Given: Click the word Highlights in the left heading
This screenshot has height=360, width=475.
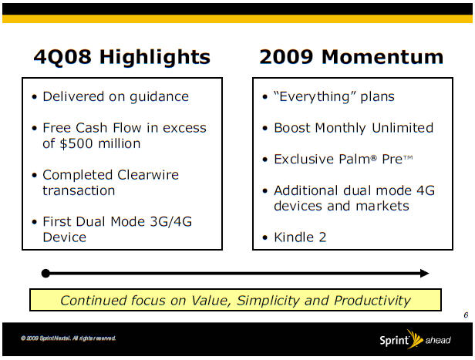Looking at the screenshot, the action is pos(155,57).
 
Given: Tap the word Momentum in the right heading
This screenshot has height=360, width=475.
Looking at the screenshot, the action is pos(382,56).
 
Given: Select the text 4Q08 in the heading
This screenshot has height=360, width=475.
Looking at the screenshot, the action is pos(62,57).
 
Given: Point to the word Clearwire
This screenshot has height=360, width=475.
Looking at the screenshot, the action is pos(148,175).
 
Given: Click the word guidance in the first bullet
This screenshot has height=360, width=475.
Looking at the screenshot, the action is pos(159,97).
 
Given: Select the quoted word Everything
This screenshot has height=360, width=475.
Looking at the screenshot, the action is pos(315,97).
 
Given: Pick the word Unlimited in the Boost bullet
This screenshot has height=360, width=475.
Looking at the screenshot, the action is pos(403,128).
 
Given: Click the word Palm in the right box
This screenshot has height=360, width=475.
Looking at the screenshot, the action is pos(355,159).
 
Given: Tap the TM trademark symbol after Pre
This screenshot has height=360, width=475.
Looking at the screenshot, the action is pos(408,157).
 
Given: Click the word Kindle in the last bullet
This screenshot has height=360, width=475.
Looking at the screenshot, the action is pos(294,237).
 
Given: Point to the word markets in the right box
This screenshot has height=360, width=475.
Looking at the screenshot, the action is pos(382,206).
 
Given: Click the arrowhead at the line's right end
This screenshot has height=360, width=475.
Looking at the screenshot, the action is pos(425,274).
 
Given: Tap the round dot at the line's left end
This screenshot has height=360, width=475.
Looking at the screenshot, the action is pos(45,274).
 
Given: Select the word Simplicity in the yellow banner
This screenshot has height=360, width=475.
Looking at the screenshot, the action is pos(267,301).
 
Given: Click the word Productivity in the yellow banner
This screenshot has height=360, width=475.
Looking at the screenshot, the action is pos(372,301).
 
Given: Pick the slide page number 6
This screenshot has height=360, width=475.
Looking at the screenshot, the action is pos(466,315).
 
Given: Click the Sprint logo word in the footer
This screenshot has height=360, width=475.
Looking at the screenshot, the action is pos(394,340).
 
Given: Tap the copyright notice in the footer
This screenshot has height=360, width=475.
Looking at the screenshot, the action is pos(68,338).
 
